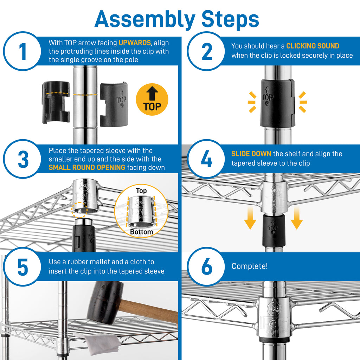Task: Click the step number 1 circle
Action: coord(23,51)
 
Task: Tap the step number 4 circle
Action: coord(206,159)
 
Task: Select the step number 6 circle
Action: coord(206,266)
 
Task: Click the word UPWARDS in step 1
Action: coord(135,43)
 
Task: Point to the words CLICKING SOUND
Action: coord(313,46)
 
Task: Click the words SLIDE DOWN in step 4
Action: coord(251,154)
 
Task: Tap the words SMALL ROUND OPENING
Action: coord(87,167)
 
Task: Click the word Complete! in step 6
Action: coord(249,266)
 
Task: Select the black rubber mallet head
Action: coord(104,302)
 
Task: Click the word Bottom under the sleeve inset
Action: coord(141,232)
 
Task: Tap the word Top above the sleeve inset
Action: coord(141,191)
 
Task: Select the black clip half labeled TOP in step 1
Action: coord(114,104)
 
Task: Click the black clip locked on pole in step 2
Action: coord(277,103)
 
